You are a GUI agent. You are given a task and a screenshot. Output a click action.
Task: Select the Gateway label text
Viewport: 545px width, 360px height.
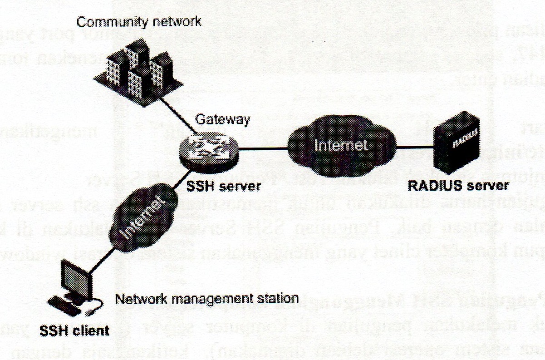point(222,120)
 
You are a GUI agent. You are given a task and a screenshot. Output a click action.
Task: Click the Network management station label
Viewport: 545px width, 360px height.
point(206,298)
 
